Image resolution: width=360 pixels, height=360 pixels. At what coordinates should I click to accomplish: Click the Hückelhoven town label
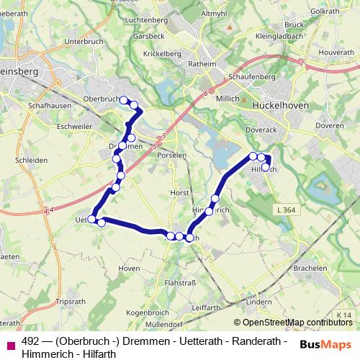pyautogui.click(x=281, y=104)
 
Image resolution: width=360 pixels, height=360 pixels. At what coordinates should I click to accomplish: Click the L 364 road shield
pyautogui.click(x=284, y=210)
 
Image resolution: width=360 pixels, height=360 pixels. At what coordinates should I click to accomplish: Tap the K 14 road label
pyautogui.click(x=346, y=315)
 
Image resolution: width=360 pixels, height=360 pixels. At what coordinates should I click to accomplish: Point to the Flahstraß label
pyautogui.click(x=180, y=283)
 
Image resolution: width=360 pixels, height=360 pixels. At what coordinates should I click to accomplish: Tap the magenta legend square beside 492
pyautogui.click(x=9, y=345)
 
